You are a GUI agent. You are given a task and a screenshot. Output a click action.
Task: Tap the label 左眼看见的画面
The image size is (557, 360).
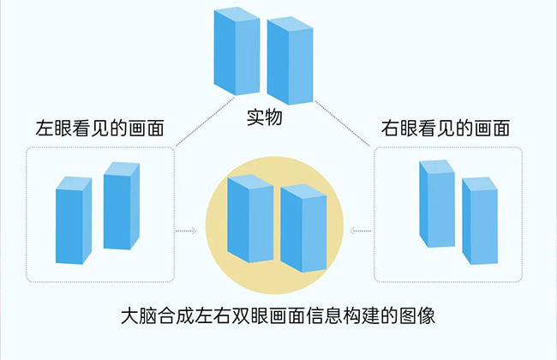coord(99,129)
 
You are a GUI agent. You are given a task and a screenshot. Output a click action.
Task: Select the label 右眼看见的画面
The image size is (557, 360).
coord(446,129)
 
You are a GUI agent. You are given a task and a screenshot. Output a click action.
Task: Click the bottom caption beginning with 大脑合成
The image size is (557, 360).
coord(278,315)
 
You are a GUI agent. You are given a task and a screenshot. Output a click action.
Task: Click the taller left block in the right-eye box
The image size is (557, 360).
coord(436,204)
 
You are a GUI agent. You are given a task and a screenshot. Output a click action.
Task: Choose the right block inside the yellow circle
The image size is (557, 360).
coord(304,227)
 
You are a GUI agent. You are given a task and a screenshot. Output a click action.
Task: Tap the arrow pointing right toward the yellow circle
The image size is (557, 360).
coord(186,231)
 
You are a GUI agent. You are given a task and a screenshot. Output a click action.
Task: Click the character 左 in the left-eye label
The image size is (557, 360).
coord(44,129)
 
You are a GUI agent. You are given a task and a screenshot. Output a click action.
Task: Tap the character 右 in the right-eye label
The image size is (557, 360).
coord(390,129)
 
